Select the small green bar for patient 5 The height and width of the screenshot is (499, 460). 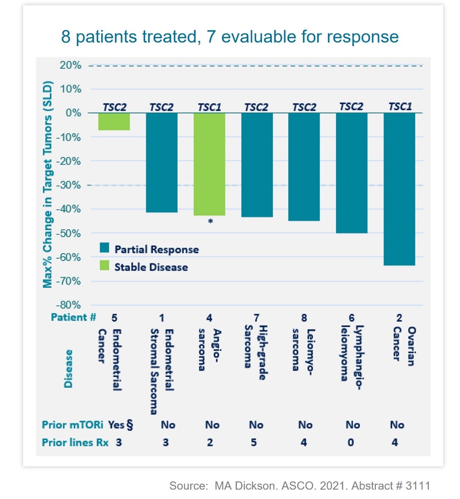114,122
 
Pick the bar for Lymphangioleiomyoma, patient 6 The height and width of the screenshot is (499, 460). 351,173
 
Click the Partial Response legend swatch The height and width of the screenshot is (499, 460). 104,248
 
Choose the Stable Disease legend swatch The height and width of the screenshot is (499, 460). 104,266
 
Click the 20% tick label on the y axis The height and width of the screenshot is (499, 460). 71,65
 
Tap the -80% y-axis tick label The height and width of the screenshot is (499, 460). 68,305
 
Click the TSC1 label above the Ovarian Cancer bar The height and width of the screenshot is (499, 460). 400,107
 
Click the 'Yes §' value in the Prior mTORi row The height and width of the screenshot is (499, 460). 120,425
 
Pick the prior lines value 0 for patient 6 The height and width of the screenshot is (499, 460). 350,443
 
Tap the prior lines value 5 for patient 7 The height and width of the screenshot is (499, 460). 254,443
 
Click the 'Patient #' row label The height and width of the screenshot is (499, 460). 73,317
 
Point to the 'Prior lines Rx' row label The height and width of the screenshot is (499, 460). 75,443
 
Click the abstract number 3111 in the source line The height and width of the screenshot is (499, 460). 418,486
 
